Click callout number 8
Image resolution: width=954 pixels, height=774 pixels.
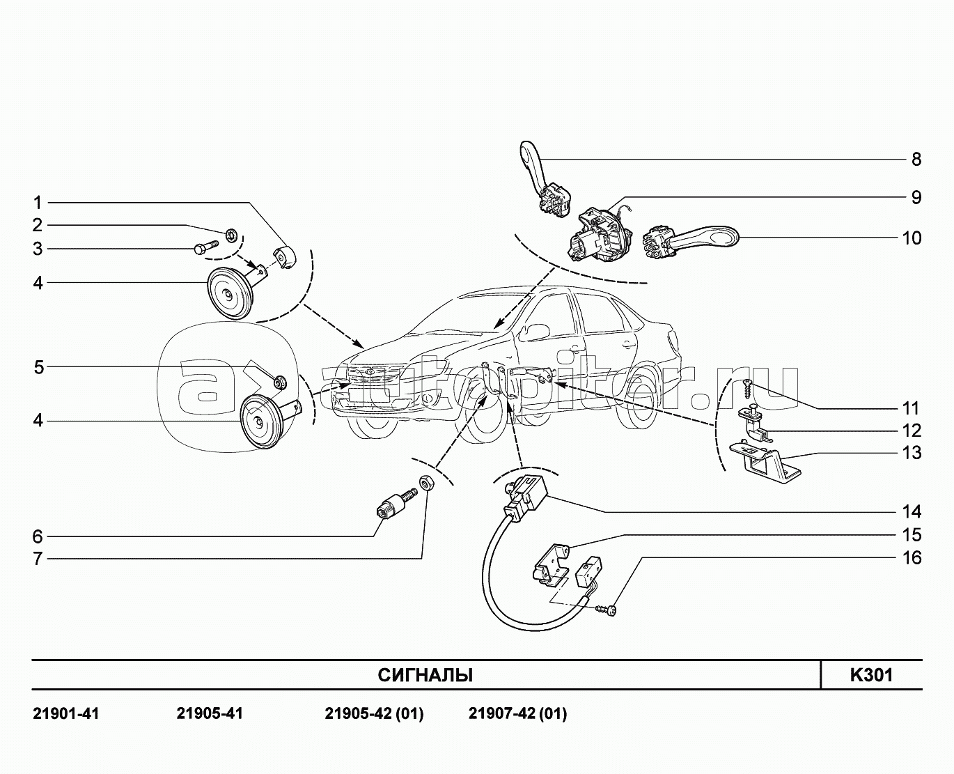[916, 160]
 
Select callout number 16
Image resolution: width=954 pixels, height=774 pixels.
[912, 558]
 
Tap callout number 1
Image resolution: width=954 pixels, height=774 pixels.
[38, 203]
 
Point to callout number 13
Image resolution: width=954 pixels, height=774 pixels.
[912, 453]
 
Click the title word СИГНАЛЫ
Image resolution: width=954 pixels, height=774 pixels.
[425, 675]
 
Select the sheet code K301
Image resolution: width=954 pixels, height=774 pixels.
[870, 675]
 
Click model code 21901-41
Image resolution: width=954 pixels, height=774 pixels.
[66, 714]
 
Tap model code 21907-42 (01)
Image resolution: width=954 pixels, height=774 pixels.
[517, 714]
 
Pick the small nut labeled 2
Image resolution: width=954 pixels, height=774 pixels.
[232, 232]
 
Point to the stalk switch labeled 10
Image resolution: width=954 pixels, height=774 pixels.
[689, 238]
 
